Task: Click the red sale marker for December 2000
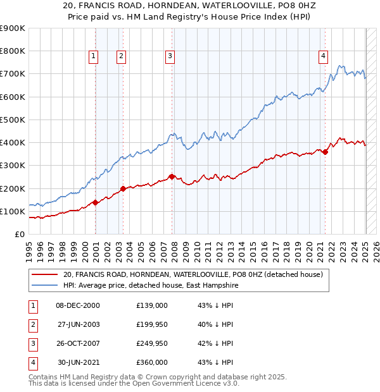pos(95,202)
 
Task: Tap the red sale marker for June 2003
pos(123,188)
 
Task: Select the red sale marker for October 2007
pos(172,177)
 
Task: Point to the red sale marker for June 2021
pos(325,152)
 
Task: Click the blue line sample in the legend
pos(45,285)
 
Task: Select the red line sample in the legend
pos(45,274)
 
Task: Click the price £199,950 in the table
pos(152,325)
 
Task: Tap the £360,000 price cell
pos(152,362)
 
